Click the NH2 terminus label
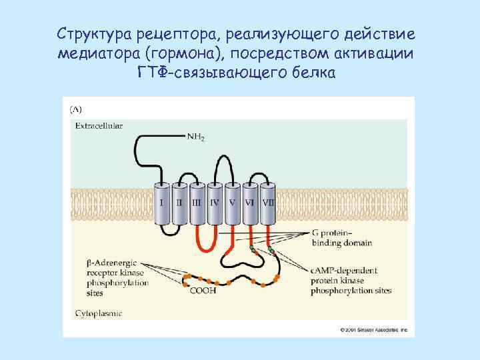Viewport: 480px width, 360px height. click(x=196, y=137)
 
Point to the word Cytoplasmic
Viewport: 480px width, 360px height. click(x=97, y=311)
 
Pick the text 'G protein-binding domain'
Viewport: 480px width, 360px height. click(x=341, y=238)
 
